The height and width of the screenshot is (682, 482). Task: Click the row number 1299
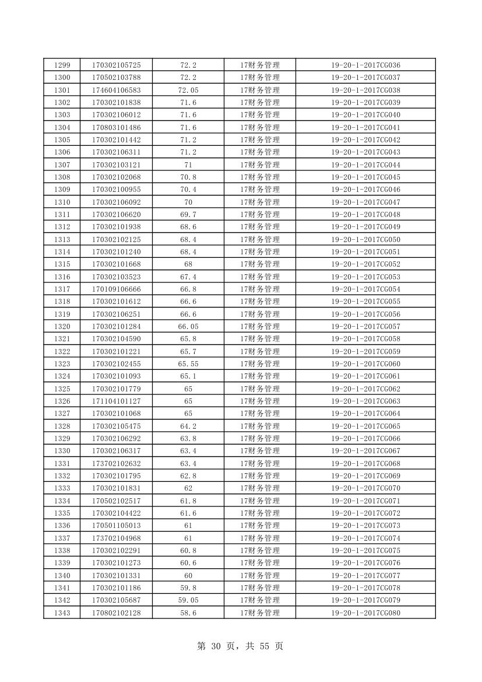coord(62,65)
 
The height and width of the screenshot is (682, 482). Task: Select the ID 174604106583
coord(116,90)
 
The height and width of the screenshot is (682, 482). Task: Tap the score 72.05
coord(188,90)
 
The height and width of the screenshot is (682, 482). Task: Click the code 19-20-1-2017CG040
coord(365,115)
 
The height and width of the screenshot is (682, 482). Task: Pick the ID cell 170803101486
coord(116,127)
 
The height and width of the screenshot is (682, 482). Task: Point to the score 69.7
coord(188,215)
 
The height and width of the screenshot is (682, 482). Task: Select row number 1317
coord(62,289)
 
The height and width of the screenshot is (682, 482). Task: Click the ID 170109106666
coord(116,289)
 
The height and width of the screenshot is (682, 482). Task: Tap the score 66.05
coord(188,327)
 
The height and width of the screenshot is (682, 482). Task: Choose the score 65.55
coord(188,364)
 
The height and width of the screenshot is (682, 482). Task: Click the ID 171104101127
coord(116,401)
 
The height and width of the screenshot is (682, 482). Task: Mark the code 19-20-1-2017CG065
coord(365,426)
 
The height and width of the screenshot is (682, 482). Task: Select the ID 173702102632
coord(116,464)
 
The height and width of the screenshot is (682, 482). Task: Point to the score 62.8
coord(188,476)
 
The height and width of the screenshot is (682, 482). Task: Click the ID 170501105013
coord(116,526)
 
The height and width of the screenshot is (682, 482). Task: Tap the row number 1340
coord(62,575)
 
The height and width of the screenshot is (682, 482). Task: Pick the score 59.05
coord(188,600)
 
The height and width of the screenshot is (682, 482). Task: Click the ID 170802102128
coord(116,613)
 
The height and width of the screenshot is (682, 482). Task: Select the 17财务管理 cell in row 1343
coord(260,613)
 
